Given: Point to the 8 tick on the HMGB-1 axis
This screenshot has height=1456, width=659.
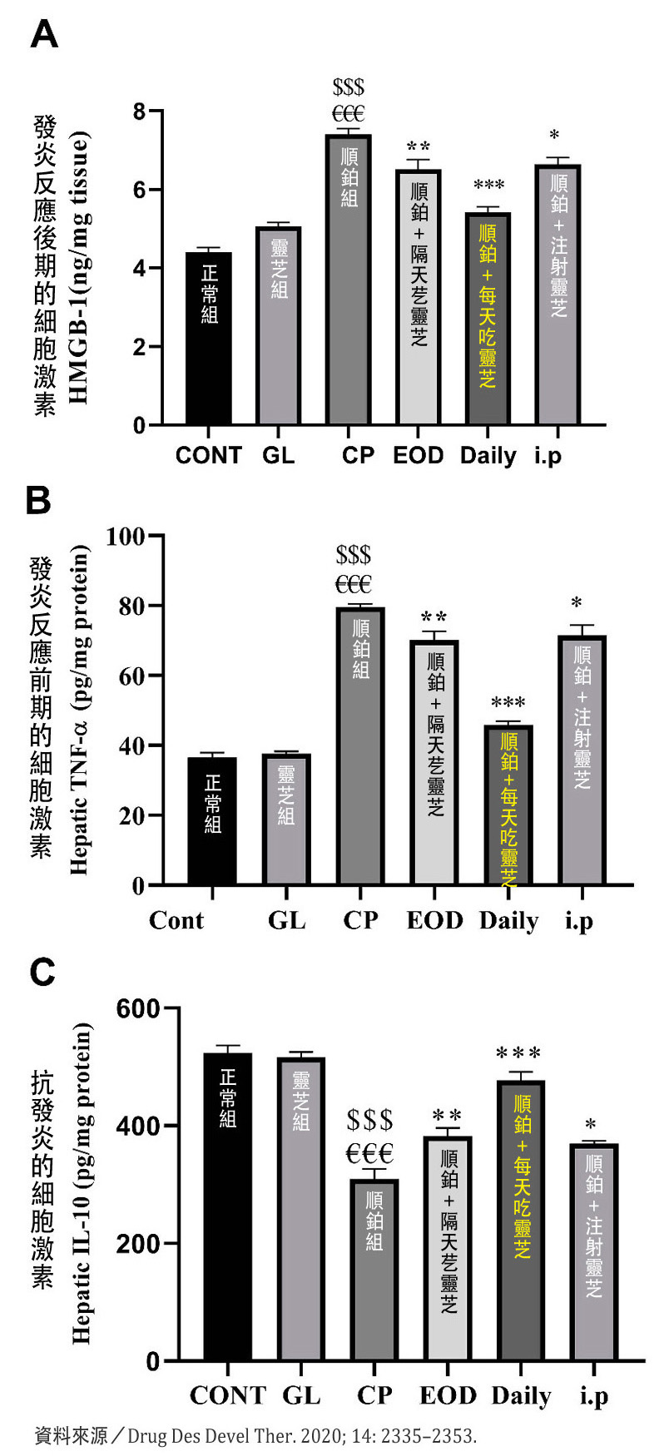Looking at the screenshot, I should (x=138, y=111).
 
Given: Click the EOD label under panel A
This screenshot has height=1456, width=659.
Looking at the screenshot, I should (x=419, y=456).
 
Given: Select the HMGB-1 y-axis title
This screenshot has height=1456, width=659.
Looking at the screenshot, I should (x=80, y=270).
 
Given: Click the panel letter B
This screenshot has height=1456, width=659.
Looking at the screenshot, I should (x=39, y=501).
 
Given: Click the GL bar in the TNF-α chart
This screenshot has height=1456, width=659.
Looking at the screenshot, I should (x=286, y=819).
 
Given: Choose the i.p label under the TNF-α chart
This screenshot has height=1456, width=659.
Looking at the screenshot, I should (x=579, y=921).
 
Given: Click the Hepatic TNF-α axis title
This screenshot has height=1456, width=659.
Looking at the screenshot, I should (x=80, y=709).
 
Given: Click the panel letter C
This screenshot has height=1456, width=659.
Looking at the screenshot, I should (x=42, y=972).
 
